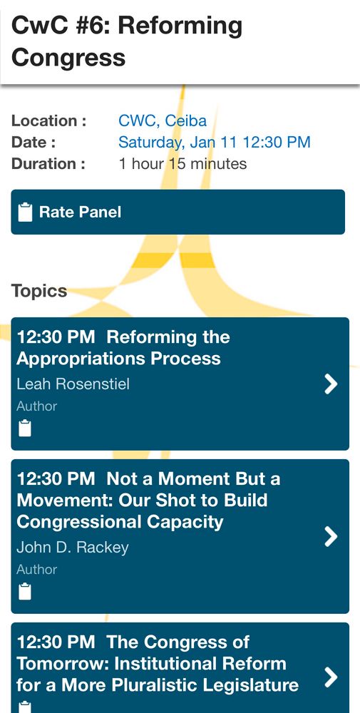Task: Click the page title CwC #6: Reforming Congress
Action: [127, 41]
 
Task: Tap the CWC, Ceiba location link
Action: [163, 121]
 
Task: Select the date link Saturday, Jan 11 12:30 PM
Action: [215, 142]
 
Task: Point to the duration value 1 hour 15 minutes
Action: [182, 163]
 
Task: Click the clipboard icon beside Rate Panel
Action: [26, 212]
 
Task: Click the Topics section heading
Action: [39, 291]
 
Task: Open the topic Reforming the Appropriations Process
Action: [123, 348]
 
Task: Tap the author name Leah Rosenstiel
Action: [73, 384]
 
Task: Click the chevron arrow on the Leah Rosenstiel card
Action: [331, 384]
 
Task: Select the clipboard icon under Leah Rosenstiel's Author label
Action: [25, 429]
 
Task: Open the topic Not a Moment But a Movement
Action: [148, 501]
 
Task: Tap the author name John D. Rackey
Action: [73, 548]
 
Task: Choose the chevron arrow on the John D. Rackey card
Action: [331, 537]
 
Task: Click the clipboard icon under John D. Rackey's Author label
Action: [25, 592]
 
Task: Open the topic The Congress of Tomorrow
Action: [158, 663]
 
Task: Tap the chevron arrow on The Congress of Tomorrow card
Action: [331, 677]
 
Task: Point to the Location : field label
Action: [49, 121]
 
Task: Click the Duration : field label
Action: [48, 163]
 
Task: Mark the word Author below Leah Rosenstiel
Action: [37, 406]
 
